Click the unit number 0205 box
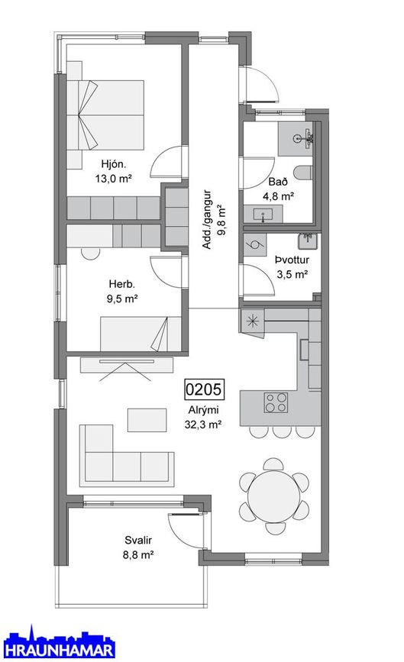tap(204, 390)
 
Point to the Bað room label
tap(278, 182)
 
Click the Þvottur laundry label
tap(291, 260)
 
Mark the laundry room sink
tap(307, 241)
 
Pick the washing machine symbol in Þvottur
tap(254, 245)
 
